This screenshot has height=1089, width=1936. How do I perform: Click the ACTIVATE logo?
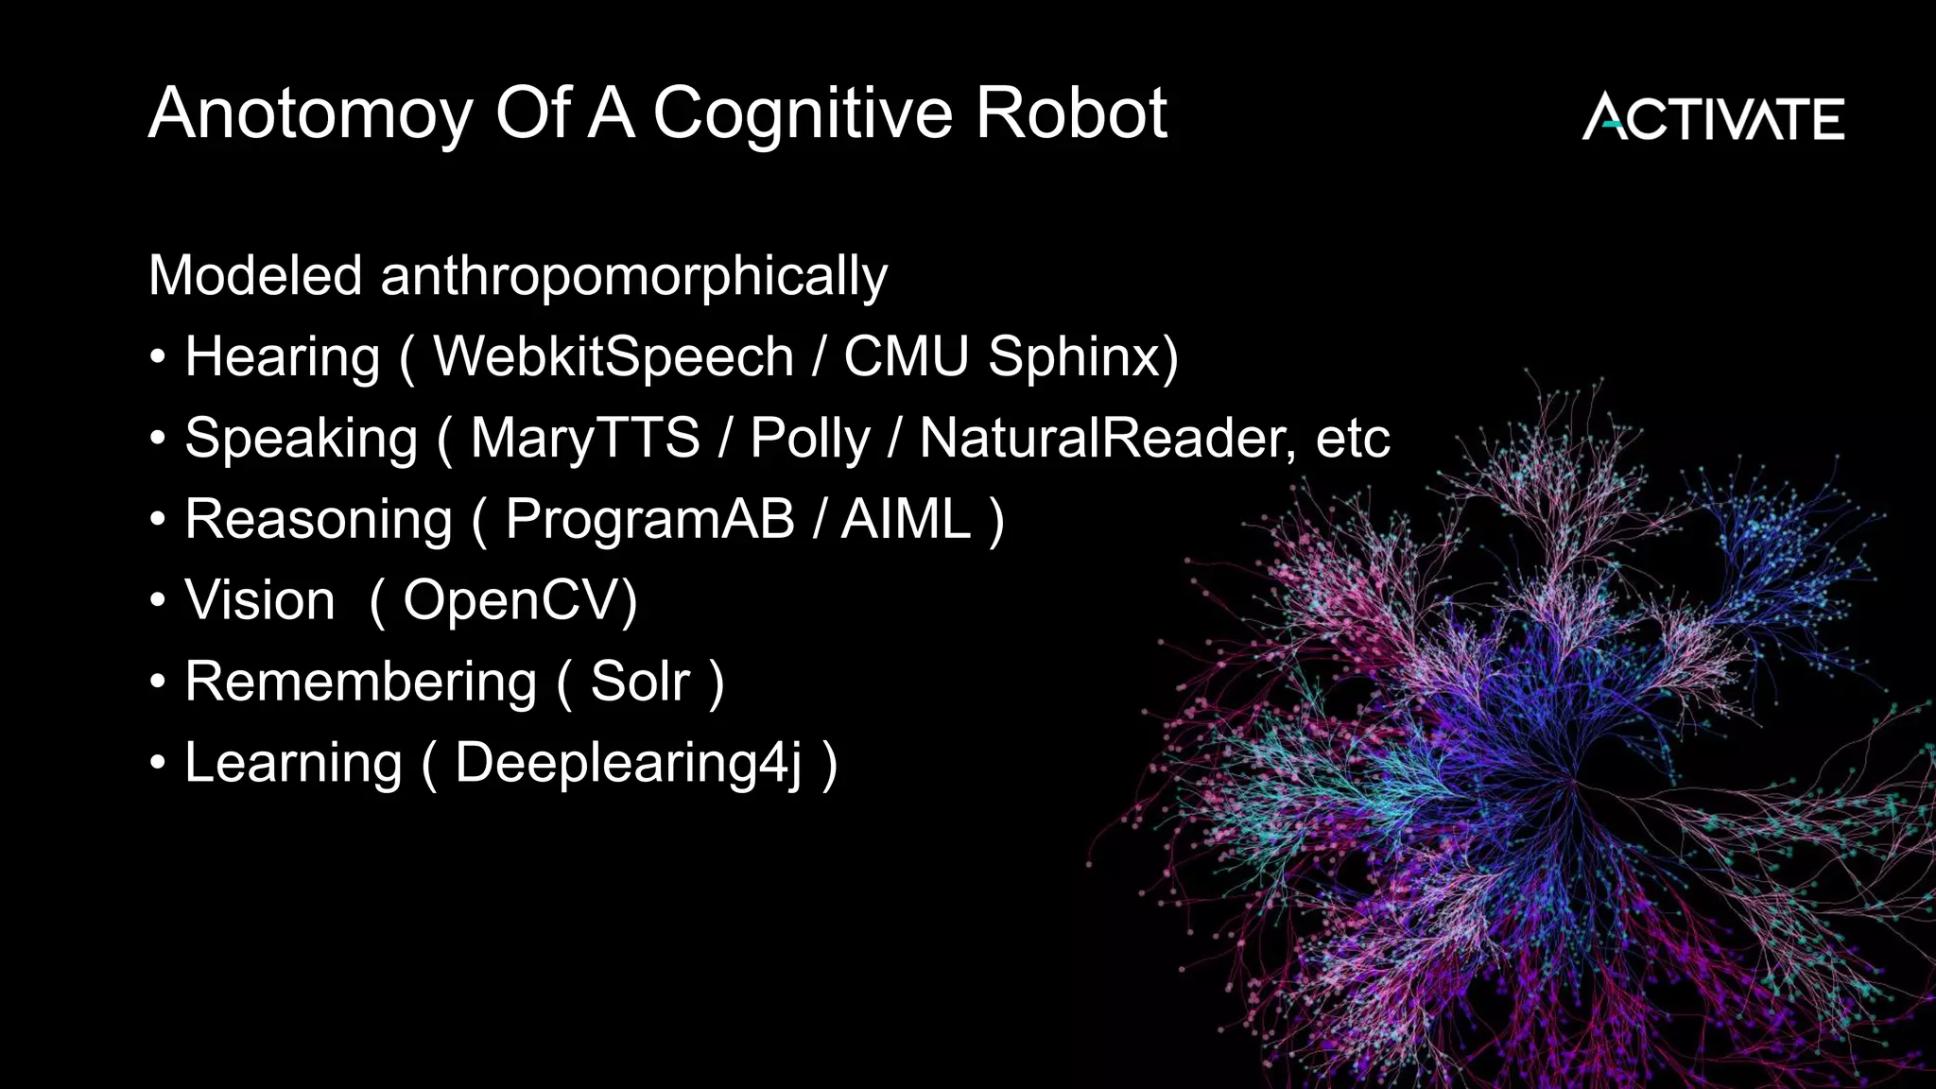click(x=1712, y=117)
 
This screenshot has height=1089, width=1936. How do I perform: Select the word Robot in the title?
click(x=1071, y=113)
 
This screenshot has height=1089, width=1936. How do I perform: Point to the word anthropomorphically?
click(x=633, y=277)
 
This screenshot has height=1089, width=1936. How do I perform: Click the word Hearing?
click(x=282, y=358)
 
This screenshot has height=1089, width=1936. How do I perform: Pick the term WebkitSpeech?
click(x=613, y=356)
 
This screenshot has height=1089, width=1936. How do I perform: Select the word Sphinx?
click(x=1082, y=358)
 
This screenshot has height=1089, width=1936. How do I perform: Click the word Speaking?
click(x=301, y=440)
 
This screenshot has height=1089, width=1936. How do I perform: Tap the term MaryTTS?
click(x=585, y=440)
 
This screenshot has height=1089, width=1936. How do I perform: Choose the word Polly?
click(x=809, y=440)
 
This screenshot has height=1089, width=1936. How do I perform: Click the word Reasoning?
click(x=319, y=521)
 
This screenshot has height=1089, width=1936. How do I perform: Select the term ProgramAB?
click(x=649, y=521)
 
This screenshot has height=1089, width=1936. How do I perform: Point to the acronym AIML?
click(x=906, y=519)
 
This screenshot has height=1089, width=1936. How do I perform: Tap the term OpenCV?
click(x=520, y=600)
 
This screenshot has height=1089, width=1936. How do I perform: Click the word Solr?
click(x=640, y=682)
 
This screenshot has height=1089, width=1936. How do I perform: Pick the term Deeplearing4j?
click(x=629, y=764)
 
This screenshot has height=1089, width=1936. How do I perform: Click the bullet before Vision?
click(x=158, y=600)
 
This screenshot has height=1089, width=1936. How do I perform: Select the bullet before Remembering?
click(x=158, y=682)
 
